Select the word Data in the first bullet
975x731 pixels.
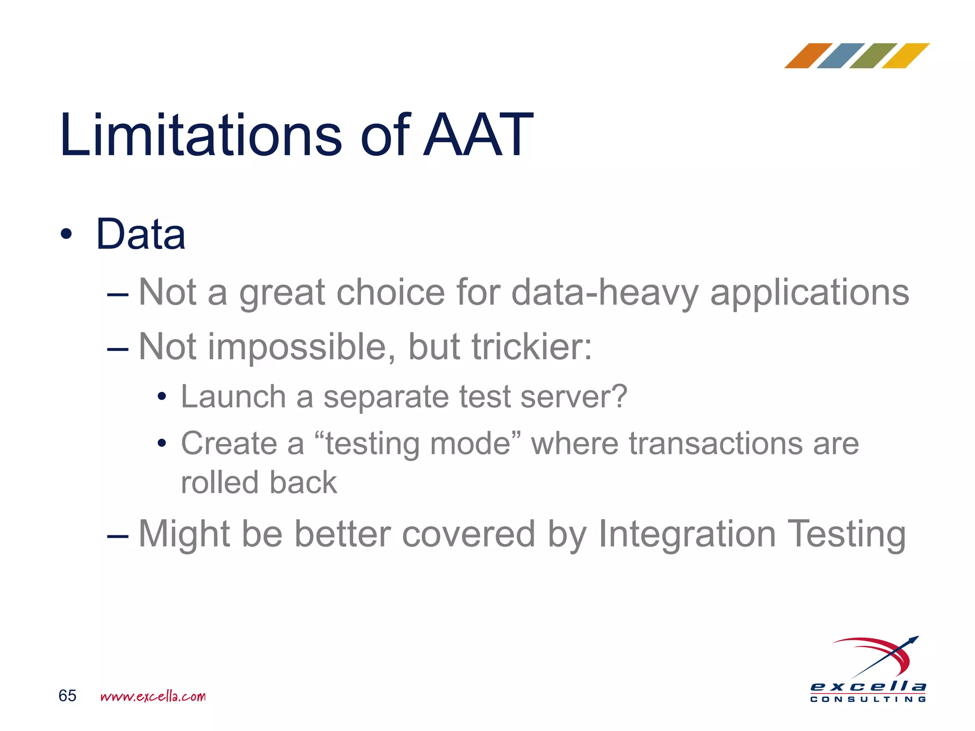(140, 234)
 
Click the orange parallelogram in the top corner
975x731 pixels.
(808, 56)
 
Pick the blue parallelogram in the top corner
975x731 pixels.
(841, 56)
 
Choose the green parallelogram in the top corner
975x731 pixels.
(873, 56)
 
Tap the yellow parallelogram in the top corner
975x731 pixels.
(905, 56)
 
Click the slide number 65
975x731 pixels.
(68, 696)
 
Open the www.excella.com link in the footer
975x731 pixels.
(153, 696)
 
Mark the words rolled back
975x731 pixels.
(259, 482)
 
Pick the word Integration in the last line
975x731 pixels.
(687, 534)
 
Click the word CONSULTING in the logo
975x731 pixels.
(868, 699)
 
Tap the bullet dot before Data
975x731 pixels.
(66, 234)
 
